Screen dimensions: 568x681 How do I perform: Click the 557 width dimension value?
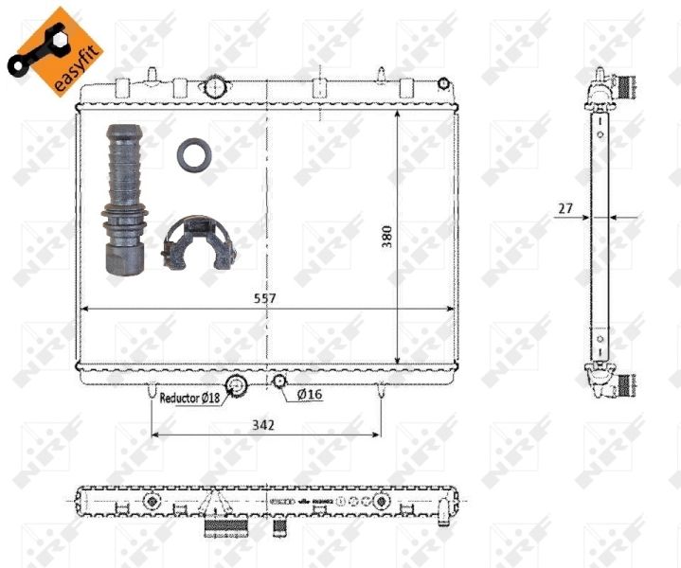point(264,298)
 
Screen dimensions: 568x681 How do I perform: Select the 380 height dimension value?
point(386,237)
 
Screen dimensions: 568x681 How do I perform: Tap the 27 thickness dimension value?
point(565,208)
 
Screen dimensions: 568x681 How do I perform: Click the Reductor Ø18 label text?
point(189,399)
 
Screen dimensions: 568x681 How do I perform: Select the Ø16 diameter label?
point(309,395)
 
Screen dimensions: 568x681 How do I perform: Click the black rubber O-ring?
point(193,155)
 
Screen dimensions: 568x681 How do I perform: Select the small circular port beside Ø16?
point(279,382)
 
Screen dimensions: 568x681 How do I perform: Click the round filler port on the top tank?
point(216,88)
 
